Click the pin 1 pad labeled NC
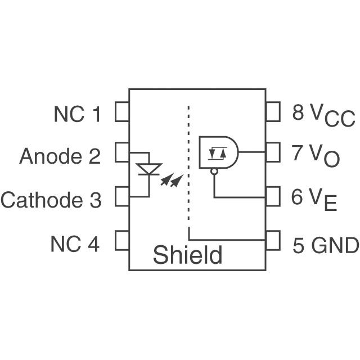(x=122, y=111)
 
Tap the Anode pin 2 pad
(x=122, y=152)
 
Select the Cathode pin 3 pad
(x=122, y=196)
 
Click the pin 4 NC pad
(x=122, y=240)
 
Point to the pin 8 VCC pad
(x=273, y=111)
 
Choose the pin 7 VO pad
(x=273, y=152)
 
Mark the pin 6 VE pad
(x=273, y=196)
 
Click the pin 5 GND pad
(x=273, y=240)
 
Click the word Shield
(x=187, y=255)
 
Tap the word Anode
(x=51, y=156)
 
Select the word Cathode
(x=42, y=200)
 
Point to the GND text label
(x=335, y=245)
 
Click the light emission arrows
(x=172, y=180)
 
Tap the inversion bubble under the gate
(x=214, y=171)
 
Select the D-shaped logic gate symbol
(x=219, y=152)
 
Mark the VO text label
(x=324, y=156)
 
